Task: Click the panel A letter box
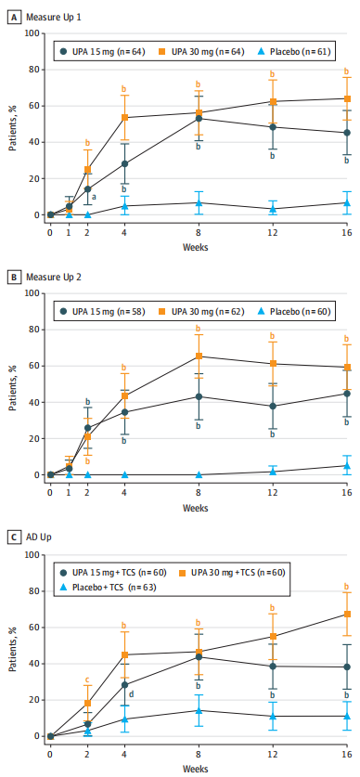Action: [x=14, y=18]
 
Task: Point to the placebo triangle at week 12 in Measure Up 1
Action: [x=273, y=209]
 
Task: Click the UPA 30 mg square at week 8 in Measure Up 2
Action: [x=199, y=356]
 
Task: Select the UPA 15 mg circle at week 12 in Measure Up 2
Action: [x=273, y=406]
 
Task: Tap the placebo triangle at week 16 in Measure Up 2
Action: [x=347, y=465]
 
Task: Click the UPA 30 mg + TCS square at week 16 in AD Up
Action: [x=347, y=614]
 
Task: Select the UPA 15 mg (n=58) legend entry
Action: [x=102, y=312]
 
